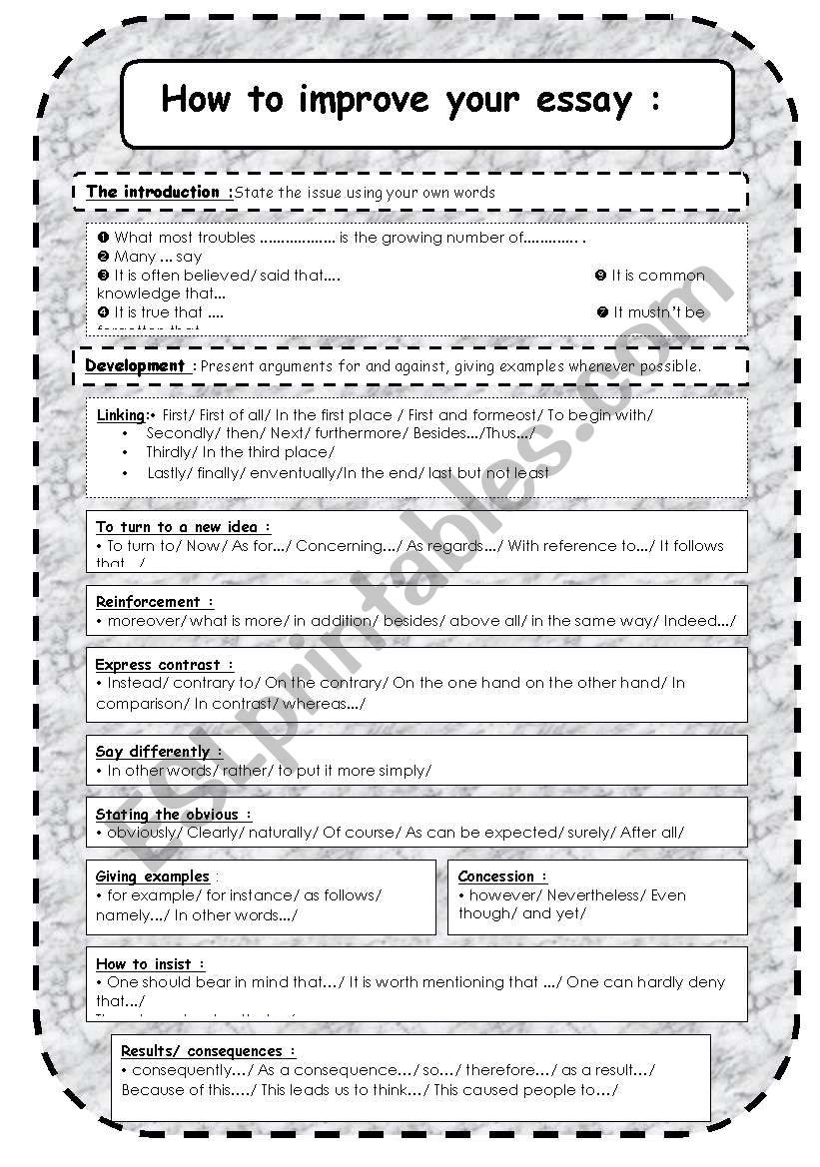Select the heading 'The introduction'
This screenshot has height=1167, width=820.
(153, 192)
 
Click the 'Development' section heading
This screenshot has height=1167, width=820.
(135, 365)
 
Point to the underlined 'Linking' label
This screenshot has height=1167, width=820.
(121, 414)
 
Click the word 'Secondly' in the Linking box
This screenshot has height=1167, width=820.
(181, 433)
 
